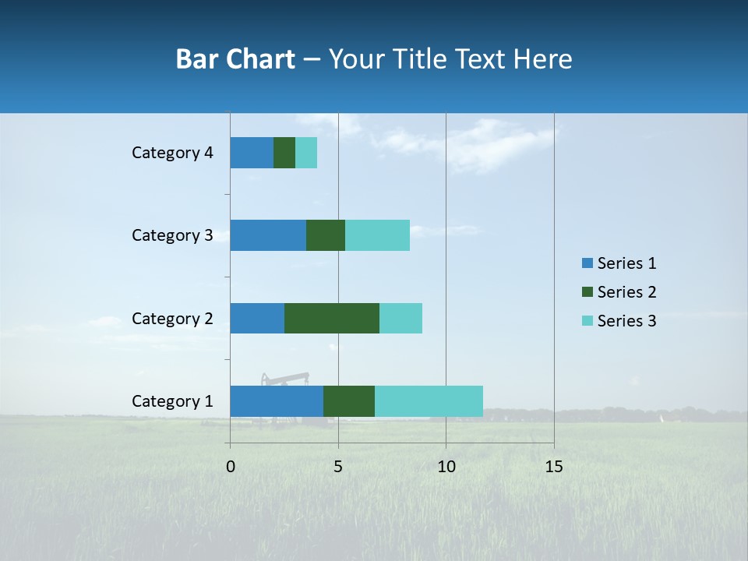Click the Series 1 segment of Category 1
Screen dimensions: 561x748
click(277, 401)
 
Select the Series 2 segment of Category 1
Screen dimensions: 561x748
click(349, 401)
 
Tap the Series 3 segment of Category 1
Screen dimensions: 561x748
click(429, 401)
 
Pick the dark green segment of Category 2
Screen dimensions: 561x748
click(332, 318)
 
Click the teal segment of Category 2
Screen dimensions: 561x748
click(400, 318)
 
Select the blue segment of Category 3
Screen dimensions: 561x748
click(268, 235)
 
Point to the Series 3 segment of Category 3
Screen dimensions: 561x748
click(377, 235)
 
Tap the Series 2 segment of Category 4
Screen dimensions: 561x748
click(284, 153)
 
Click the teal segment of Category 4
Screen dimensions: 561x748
click(306, 153)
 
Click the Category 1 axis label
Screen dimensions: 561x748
click(172, 401)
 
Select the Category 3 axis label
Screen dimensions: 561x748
click(172, 235)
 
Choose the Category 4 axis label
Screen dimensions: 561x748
click(172, 153)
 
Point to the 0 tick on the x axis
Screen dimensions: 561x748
click(231, 467)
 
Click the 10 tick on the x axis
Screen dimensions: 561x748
click(446, 467)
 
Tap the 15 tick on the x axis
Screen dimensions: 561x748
click(554, 467)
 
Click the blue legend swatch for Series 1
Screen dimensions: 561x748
click(587, 263)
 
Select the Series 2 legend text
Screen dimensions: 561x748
click(626, 292)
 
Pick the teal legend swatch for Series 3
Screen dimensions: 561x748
click(587, 321)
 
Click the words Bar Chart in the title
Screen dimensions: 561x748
click(235, 59)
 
